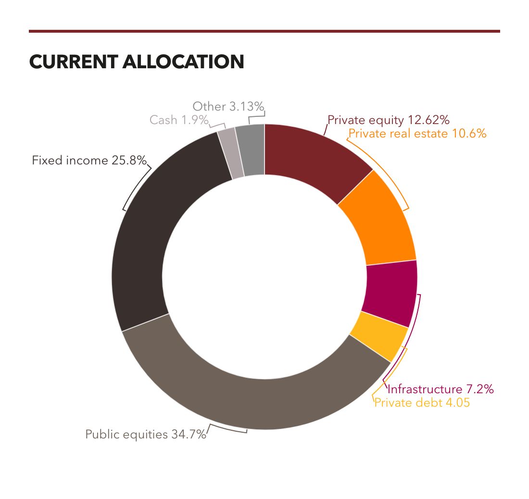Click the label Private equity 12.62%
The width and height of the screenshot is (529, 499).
[x=388, y=120]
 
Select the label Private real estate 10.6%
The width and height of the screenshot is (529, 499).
[x=417, y=134]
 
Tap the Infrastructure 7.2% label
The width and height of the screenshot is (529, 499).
[x=441, y=389]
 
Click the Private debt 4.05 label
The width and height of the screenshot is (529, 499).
[x=422, y=403]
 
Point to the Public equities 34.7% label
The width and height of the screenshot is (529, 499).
[x=146, y=435]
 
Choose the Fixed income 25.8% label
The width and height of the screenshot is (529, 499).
[x=89, y=160]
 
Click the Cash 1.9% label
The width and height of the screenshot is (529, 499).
[x=178, y=120]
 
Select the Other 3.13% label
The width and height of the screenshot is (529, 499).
[x=228, y=106]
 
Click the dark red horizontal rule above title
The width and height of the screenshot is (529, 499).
[x=264, y=31]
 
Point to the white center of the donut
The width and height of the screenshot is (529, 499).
[x=264, y=276]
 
